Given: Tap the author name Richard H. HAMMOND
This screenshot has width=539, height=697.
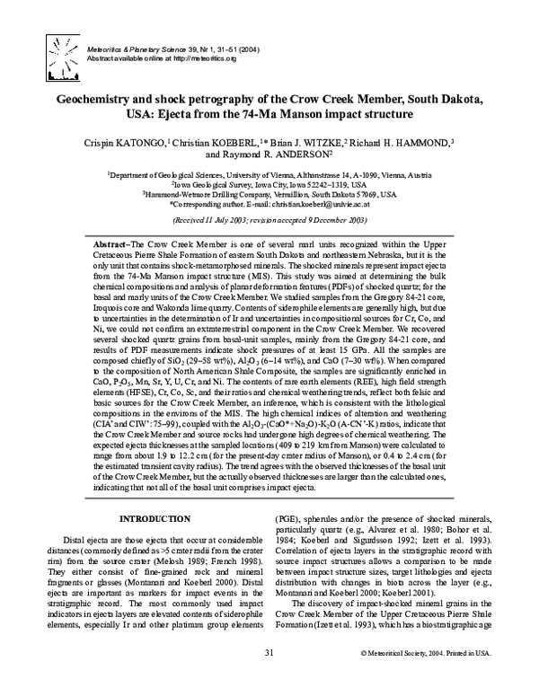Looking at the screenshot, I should pyautogui.click(x=408, y=142).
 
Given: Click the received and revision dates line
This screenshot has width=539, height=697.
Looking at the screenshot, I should pyautogui.click(x=269, y=220).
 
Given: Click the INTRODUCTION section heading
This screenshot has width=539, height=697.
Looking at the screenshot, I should pyautogui.click(x=151, y=520).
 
